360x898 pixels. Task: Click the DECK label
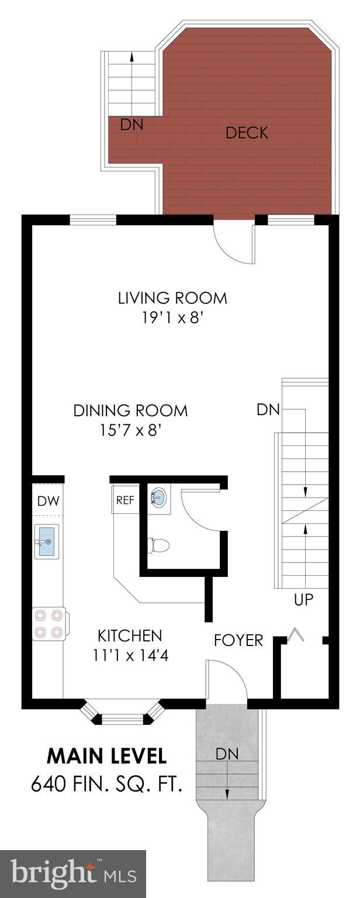247,133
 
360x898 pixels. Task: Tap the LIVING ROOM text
172,298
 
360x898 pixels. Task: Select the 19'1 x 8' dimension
172,319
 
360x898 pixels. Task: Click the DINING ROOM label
130,410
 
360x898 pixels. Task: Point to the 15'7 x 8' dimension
130,431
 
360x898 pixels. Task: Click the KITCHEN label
129,635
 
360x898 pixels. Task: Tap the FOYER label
238,640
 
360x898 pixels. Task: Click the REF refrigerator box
125,500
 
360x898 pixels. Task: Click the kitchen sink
47,541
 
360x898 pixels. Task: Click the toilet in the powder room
159,546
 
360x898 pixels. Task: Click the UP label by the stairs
304,600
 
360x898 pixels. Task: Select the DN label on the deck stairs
131,125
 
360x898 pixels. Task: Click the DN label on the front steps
227,754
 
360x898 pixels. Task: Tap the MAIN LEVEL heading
106,756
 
